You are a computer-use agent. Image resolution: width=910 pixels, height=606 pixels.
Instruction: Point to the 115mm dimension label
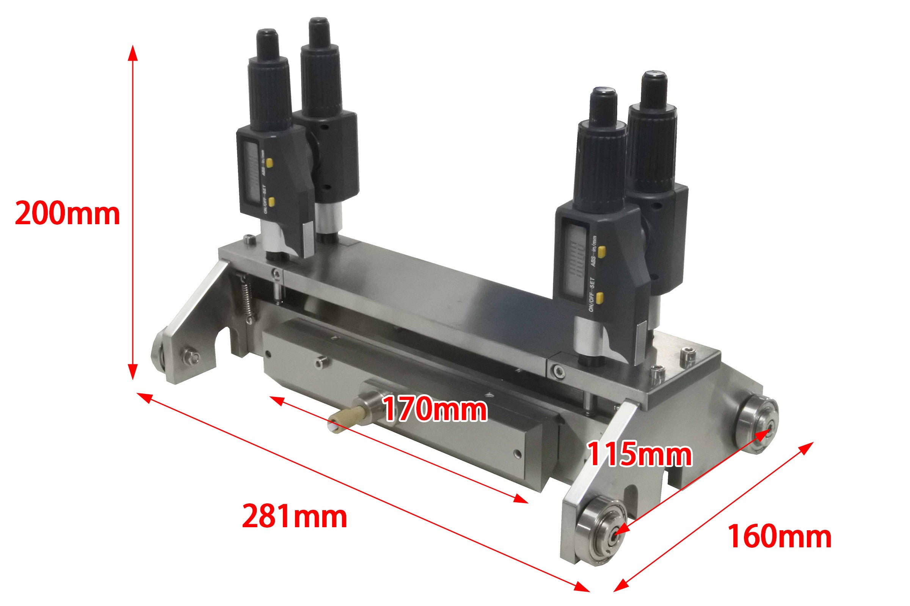[640, 455]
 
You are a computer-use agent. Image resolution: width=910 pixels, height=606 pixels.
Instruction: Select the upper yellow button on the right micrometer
[601, 252]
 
